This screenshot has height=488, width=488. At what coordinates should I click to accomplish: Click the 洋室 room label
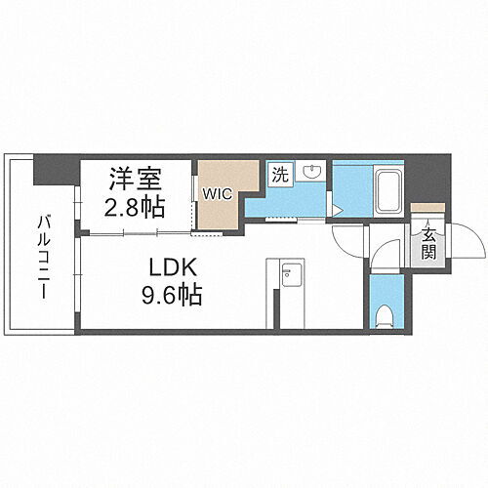[135, 181]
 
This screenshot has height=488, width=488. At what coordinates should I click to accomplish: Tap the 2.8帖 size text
[135, 207]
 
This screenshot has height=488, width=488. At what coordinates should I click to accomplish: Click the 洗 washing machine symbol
[279, 177]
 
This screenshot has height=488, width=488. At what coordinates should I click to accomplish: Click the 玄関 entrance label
[428, 244]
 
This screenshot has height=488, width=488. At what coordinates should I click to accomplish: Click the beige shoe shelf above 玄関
[423, 207]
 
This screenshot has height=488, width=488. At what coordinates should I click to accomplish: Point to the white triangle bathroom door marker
[335, 209]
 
